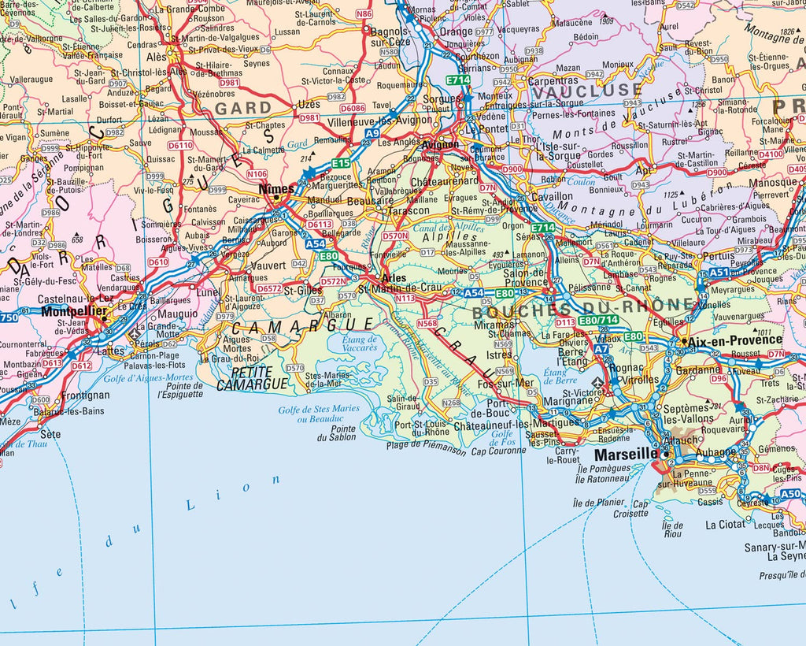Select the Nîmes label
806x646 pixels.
coord(276,189)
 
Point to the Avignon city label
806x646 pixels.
coord(441,144)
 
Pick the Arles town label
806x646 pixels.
coord(393,278)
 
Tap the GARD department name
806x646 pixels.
coord(243,108)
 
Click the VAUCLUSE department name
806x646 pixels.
coord(586,91)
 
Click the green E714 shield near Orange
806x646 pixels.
coord(458,80)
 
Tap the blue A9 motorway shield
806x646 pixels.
coord(372,135)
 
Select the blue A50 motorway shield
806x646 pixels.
coord(790,494)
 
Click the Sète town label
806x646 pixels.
coord(50,434)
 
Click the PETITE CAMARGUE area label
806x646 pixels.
coord(263,378)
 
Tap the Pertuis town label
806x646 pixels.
coord(718,256)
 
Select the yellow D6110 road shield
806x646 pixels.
coord(179,146)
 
